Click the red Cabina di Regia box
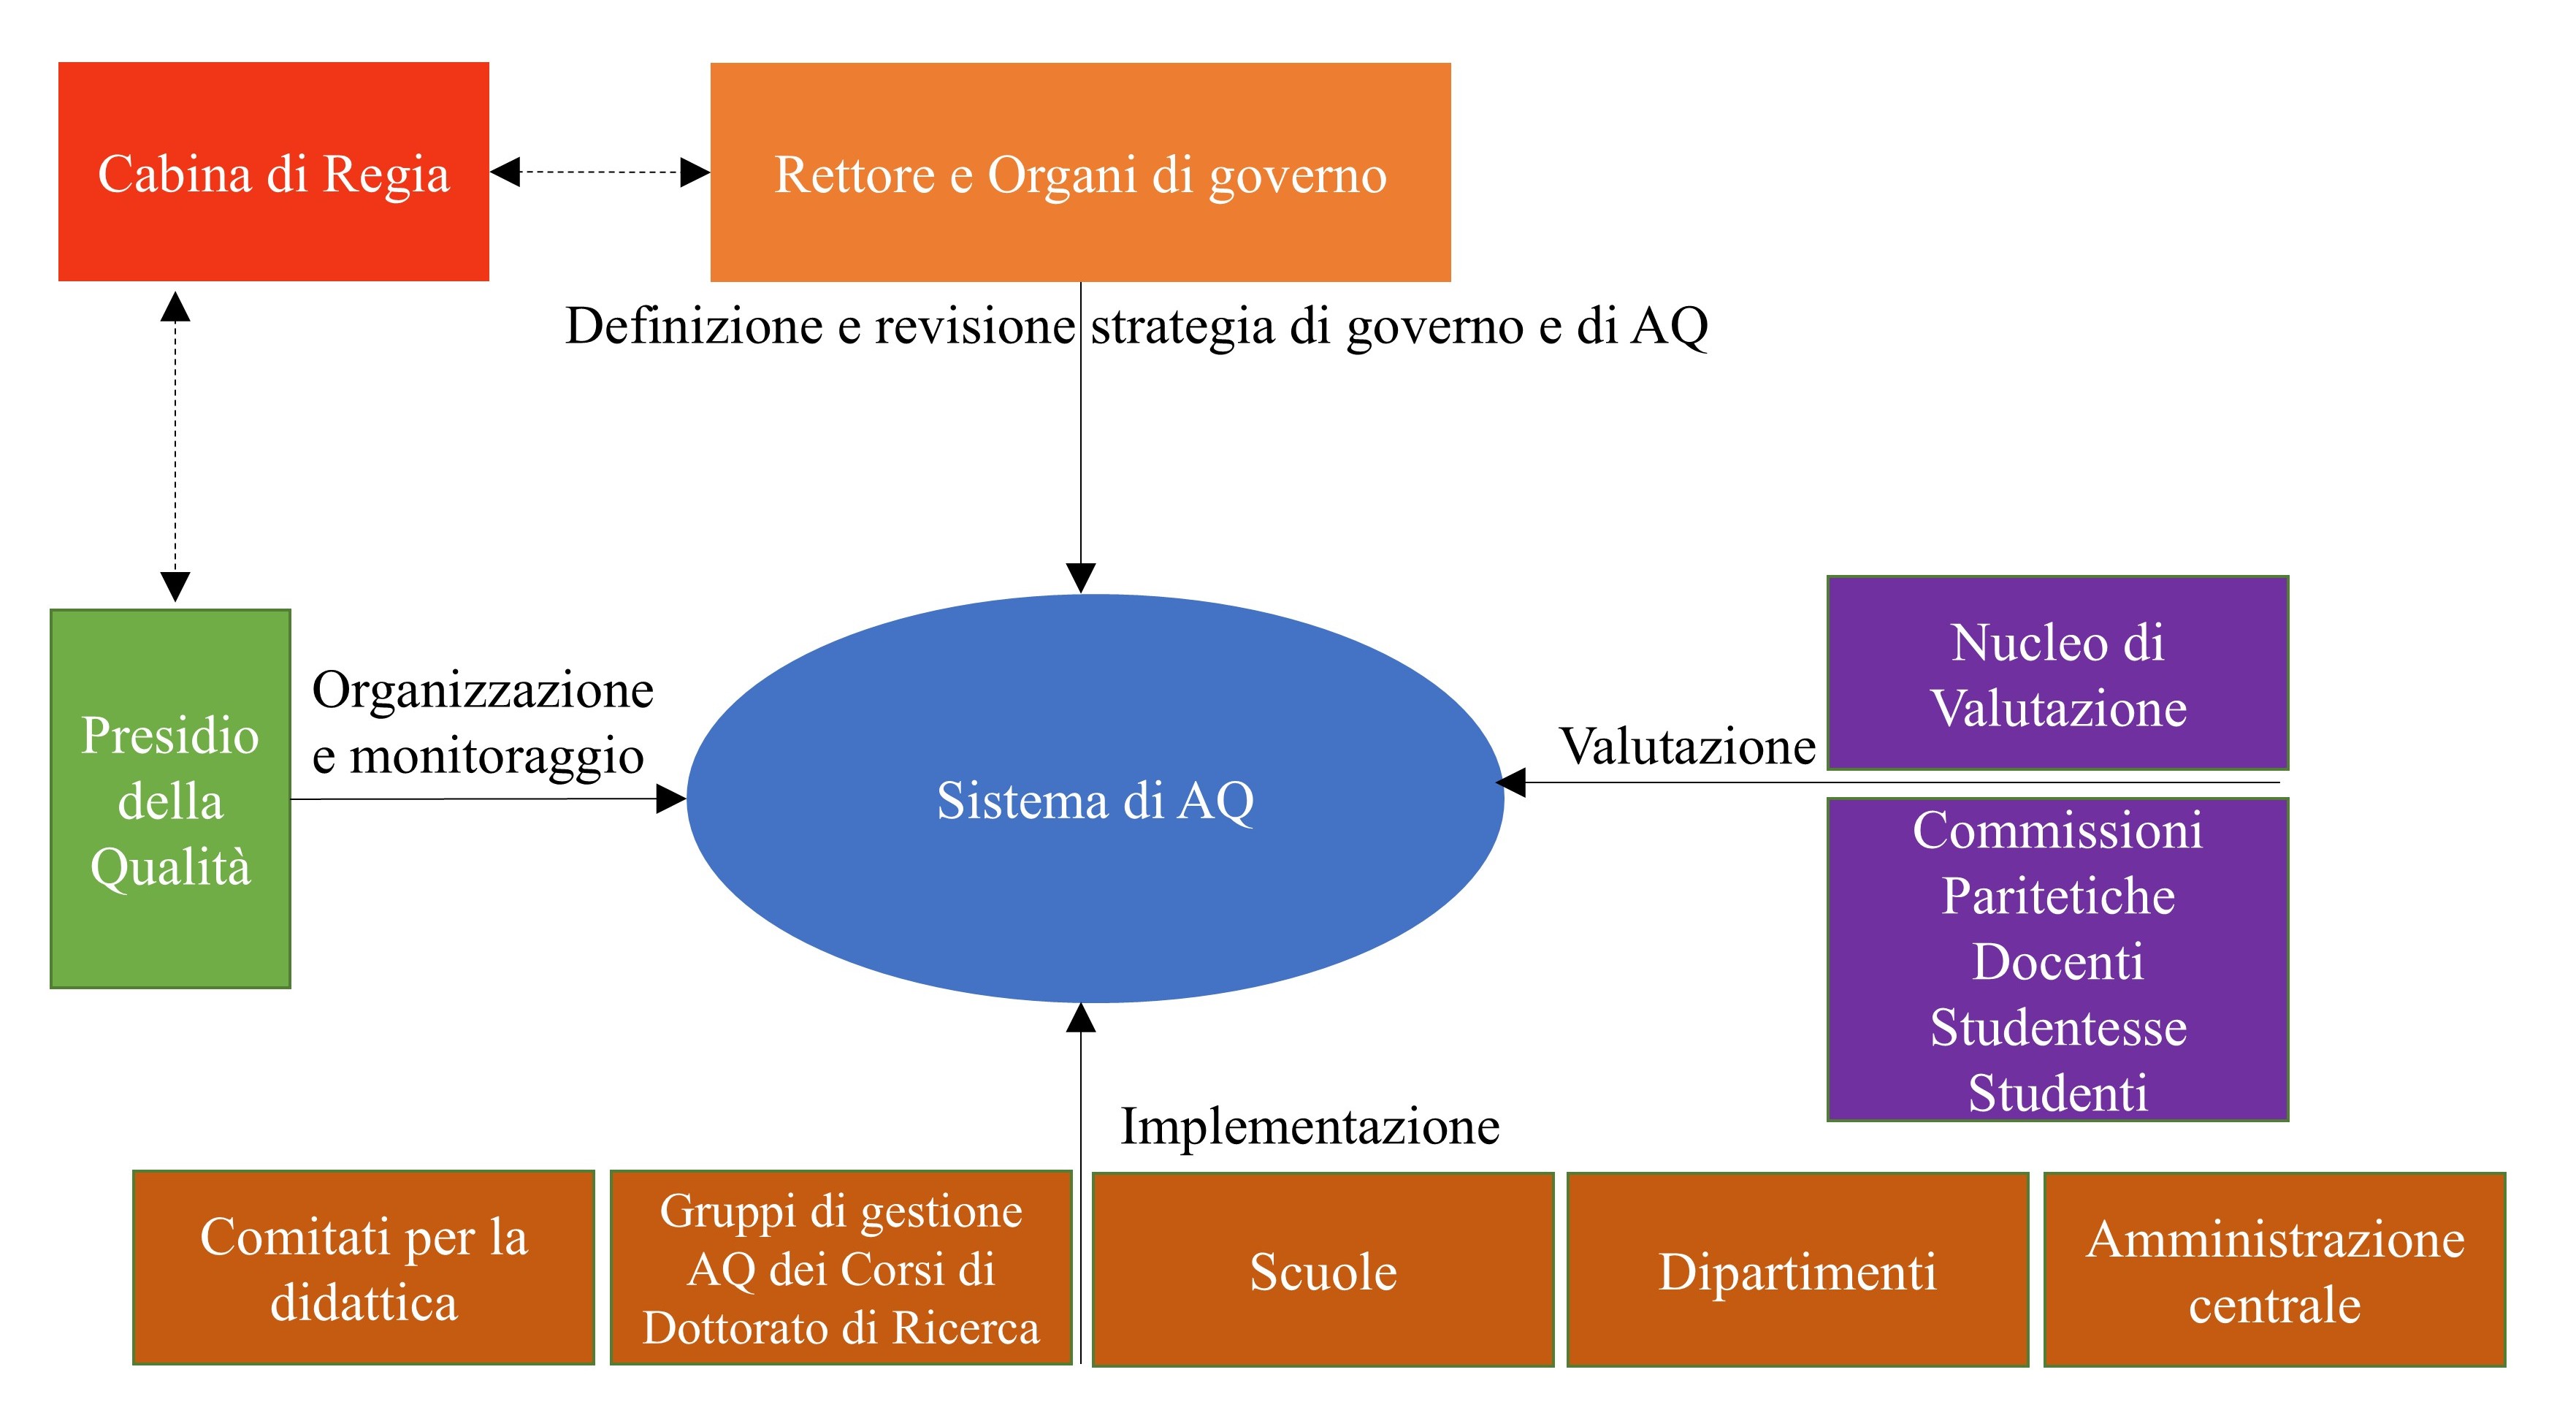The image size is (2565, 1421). click(x=274, y=171)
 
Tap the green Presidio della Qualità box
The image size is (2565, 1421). click(x=170, y=799)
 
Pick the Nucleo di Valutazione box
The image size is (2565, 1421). click(x=2057, y=673)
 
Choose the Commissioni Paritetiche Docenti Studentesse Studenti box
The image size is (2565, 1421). click(x=2057, y=960)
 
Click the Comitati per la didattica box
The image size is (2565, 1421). click(x=364, y=1268)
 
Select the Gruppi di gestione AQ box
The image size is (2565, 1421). click(x=841, y=1268)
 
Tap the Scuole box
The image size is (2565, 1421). click(x=1323, y=1270)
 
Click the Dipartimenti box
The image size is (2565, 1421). click(x=1797, y=1270)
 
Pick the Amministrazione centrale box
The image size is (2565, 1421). click(x=2274, y=1270)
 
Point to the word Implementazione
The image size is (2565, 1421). click(x=1310, y=1127)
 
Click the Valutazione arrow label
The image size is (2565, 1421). click(x=1687, y=746)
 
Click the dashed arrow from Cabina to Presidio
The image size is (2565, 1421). click(x=175, y=446)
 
